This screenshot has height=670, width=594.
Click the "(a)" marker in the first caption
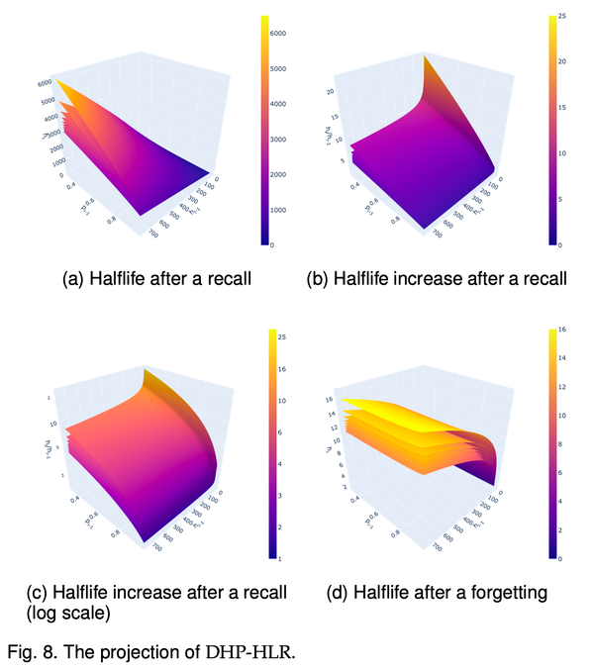point(73,279)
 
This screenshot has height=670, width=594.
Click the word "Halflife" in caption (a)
point(121,279)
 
